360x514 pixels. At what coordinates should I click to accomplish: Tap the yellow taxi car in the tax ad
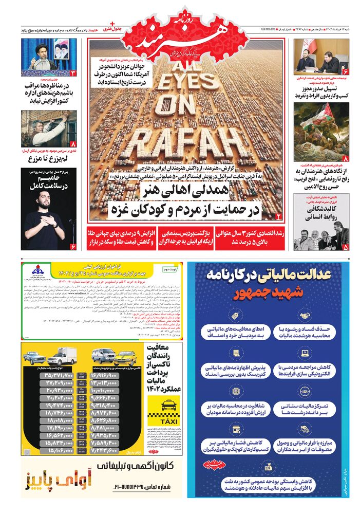pos(125,357)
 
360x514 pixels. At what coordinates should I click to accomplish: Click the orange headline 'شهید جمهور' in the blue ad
pos(269,293)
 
